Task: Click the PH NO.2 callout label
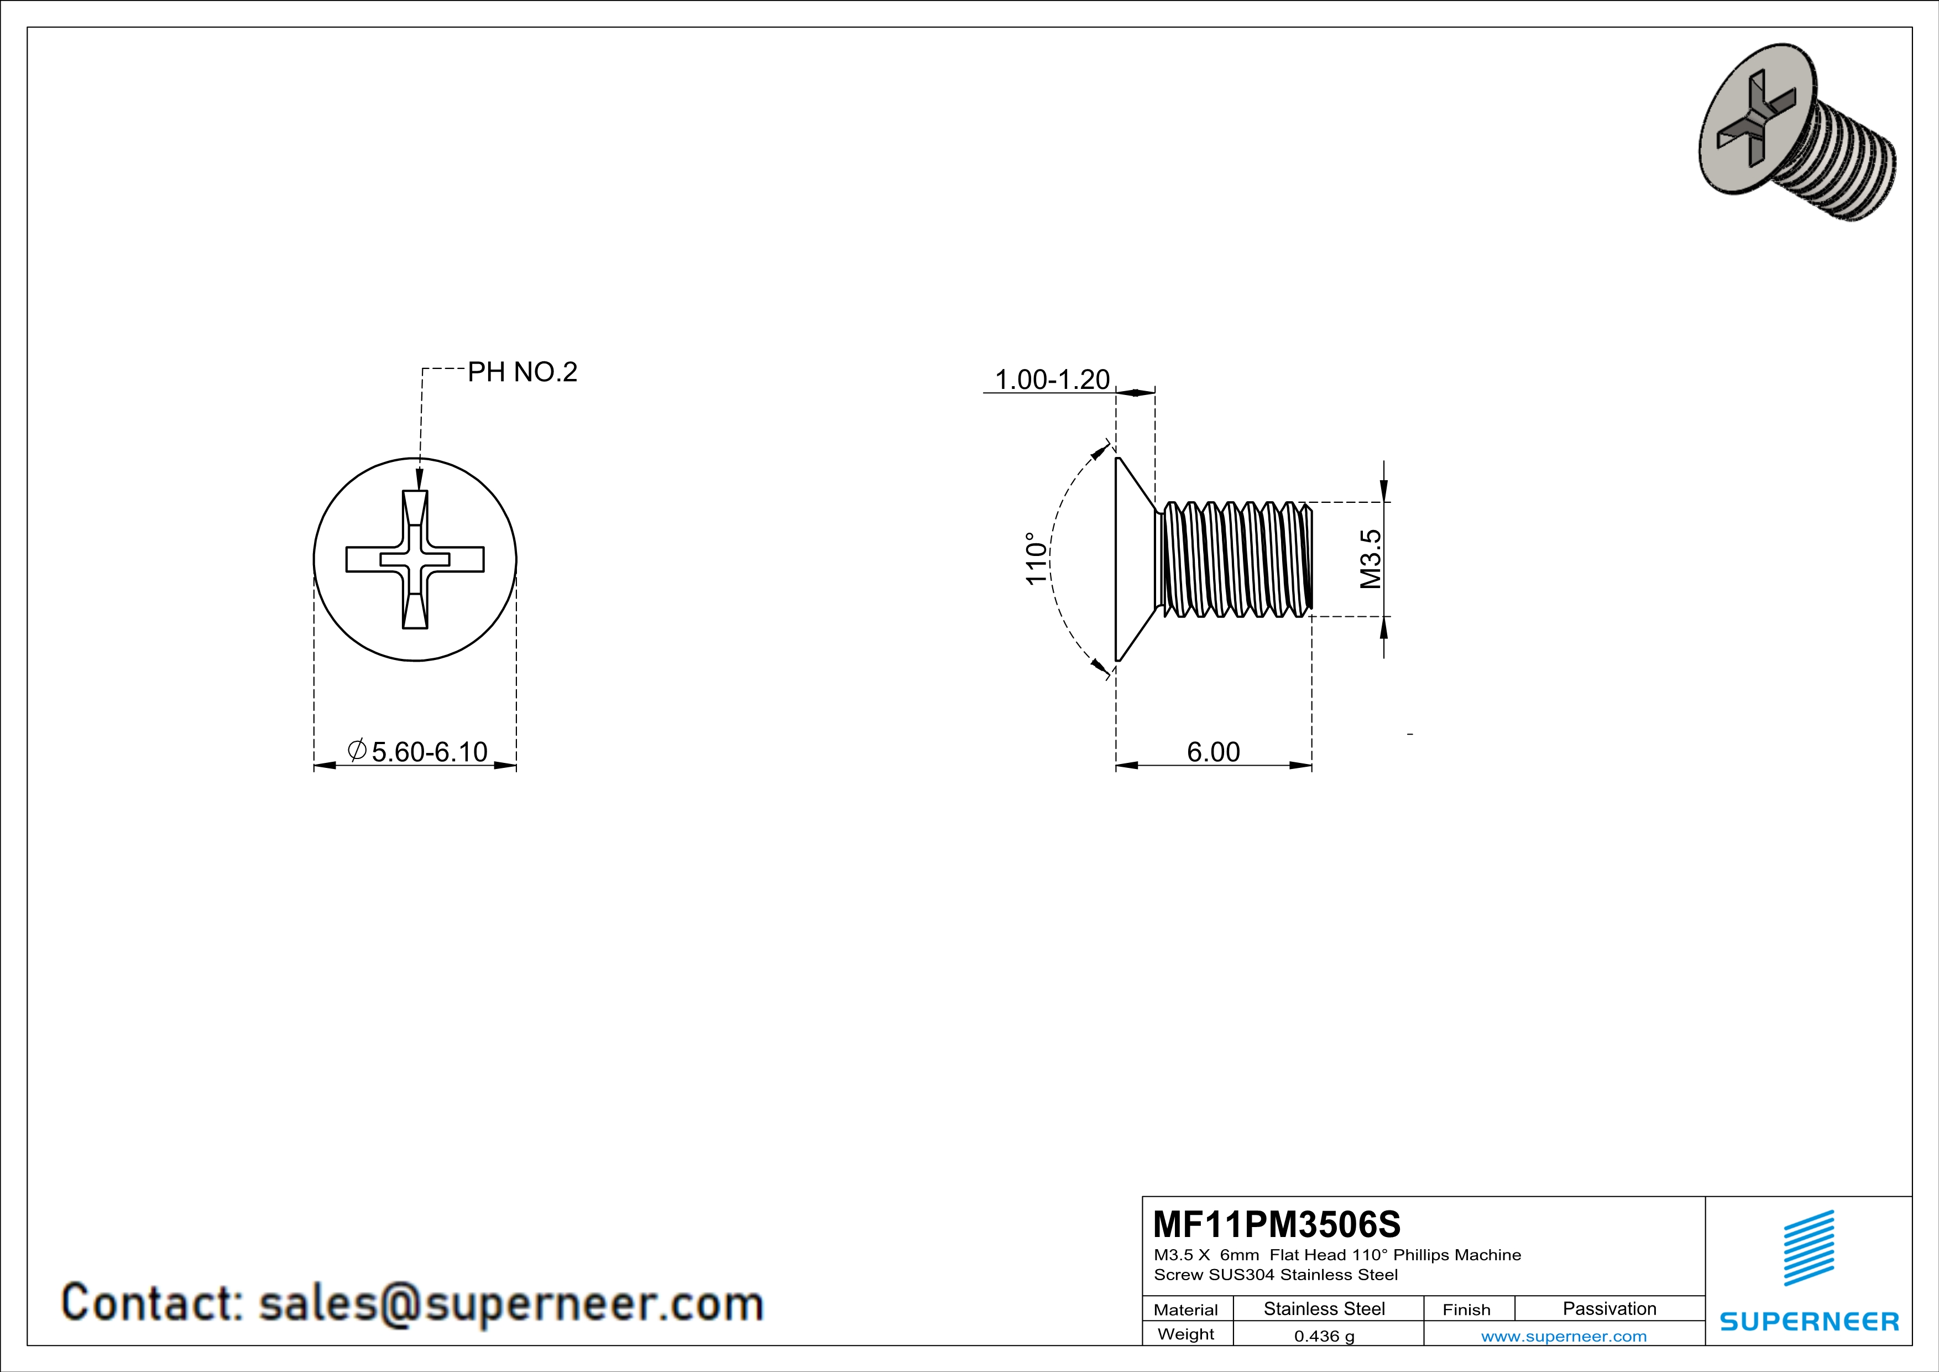522,372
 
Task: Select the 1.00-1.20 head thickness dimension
1052,380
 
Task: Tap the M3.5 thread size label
1370,558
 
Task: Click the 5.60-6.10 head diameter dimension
429,751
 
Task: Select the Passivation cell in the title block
1609,1308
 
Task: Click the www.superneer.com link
1563,1335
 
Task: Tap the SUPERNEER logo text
1809,1321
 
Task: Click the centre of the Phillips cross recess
415,559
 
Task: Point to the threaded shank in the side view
1233,558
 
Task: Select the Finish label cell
1466,1309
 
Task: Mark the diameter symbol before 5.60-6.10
357,750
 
